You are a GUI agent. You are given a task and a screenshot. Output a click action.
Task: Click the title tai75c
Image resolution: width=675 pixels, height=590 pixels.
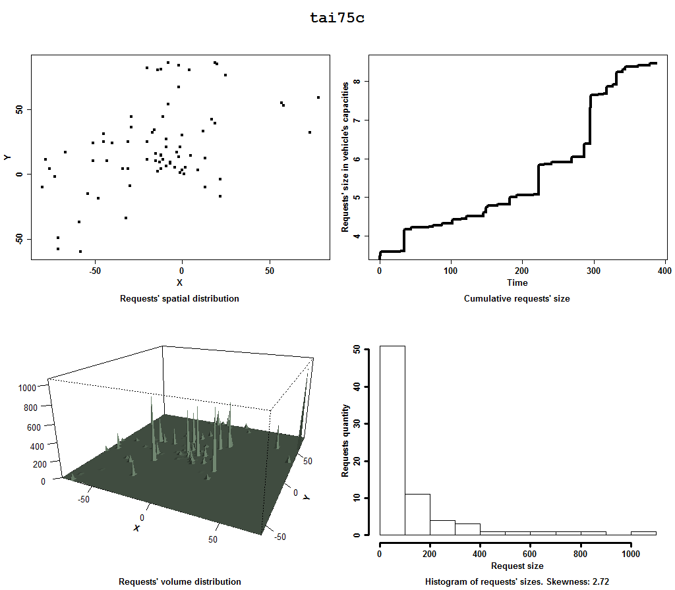(x=337, y=18)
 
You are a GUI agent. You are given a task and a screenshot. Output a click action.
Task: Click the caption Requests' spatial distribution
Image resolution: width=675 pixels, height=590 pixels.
(x=179, y=298)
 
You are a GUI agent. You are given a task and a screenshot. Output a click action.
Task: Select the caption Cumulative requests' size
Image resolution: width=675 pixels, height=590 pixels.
(x=517, y=298)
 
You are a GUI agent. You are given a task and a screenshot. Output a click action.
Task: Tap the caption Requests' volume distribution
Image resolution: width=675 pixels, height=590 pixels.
(x=179, y=581)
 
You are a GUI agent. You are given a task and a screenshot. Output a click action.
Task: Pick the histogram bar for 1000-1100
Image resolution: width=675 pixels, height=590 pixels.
(x=643, y=533)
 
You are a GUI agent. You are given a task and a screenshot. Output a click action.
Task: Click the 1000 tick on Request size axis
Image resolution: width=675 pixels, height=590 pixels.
(x=631, y=554)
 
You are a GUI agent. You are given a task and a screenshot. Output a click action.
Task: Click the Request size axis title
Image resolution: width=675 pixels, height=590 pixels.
(x=517, y=566)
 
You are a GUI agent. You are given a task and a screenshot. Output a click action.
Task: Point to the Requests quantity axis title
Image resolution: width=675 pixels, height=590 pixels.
(x=345, y=440)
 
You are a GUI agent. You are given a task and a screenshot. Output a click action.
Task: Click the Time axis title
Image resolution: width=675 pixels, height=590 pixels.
(x=517, y=283)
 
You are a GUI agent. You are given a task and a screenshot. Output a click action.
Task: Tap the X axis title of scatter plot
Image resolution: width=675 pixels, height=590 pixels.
(x=179, y=283)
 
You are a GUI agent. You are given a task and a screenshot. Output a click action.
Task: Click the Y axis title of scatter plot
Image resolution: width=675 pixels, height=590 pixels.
(x=7, y=157)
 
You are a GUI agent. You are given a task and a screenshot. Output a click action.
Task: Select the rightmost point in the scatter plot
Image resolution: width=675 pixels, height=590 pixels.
(x=318, y=97)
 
